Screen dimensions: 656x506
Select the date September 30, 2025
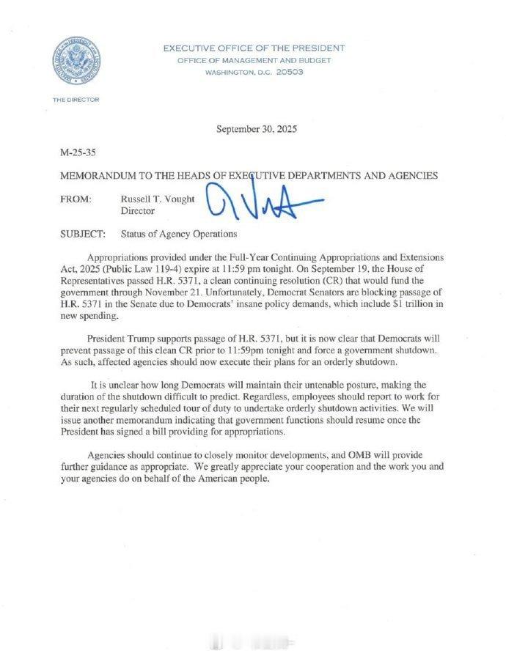click(x=257, y=129)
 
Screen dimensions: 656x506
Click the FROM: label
click(x=77, y=198)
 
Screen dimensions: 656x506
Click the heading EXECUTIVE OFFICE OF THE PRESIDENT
click(x=254, y=48)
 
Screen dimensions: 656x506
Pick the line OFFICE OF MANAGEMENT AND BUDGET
click(x=253, y=61)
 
